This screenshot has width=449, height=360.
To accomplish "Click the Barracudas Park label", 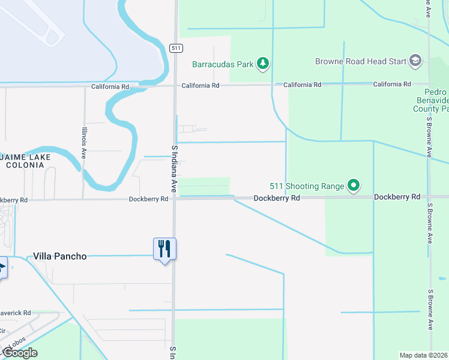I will point(223,64).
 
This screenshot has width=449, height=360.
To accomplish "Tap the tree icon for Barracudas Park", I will point(262,63).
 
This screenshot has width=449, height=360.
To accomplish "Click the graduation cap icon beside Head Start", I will point(415,61).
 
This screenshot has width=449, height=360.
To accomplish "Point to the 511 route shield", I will point(175,48).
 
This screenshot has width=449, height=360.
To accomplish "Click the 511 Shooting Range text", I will point(306,186).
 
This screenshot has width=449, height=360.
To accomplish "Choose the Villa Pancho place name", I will point(59,256).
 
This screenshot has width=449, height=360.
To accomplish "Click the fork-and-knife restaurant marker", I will point(164,248).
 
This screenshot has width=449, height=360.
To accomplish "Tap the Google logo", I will point(19,353).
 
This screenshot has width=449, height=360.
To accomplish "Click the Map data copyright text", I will point(423,355).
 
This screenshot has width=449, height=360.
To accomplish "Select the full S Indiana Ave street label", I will point(175,169).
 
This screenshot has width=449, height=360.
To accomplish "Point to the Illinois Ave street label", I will point(85,146).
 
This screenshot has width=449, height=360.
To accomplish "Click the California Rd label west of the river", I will point(110,86).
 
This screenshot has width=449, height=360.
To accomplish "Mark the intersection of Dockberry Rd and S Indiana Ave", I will point(175,198).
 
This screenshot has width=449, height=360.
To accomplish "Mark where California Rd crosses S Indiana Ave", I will point(175,85).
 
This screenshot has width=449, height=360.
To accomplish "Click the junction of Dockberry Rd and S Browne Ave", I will point(430,197).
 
